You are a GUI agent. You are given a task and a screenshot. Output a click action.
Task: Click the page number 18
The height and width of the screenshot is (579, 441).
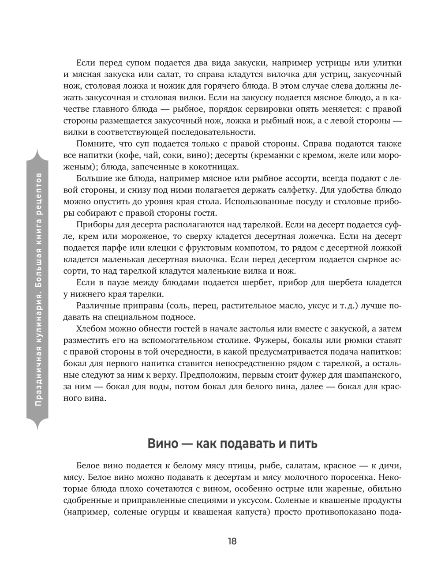point(232,541)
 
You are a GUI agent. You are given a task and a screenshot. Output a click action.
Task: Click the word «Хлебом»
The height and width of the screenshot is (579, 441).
point(91,329)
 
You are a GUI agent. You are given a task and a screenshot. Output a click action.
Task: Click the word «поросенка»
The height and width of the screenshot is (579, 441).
point(350,477)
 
